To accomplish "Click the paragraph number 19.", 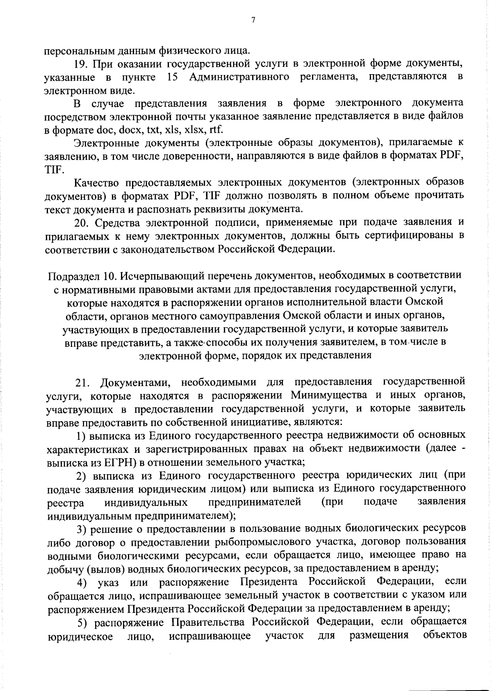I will pos(81,64).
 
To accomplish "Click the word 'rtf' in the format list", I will pos(216,130).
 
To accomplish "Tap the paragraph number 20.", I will pos(81,223).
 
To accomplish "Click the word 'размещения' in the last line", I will pos(379,635).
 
